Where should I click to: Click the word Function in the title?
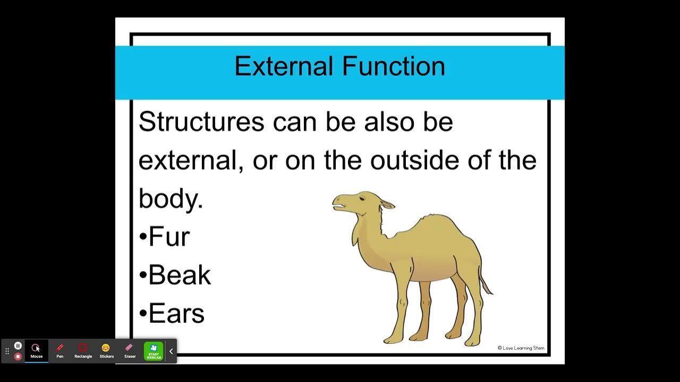[x=394, y=66]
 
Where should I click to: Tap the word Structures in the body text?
[x=201, y=122]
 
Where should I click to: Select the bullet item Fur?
[x=168, y=237]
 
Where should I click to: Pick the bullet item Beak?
[x=179, y=275]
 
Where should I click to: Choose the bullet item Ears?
[x=176, y=313]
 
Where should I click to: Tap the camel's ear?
[x=387, y=204]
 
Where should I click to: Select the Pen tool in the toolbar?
[x=60, y=351]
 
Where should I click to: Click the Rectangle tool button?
[x=83, y=351]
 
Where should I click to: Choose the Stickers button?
[x=106, y=351]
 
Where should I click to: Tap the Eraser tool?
[x=130, y=351]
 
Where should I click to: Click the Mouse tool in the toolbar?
[x=36, y=351]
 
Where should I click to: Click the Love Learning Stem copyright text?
[x=521, y=348]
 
